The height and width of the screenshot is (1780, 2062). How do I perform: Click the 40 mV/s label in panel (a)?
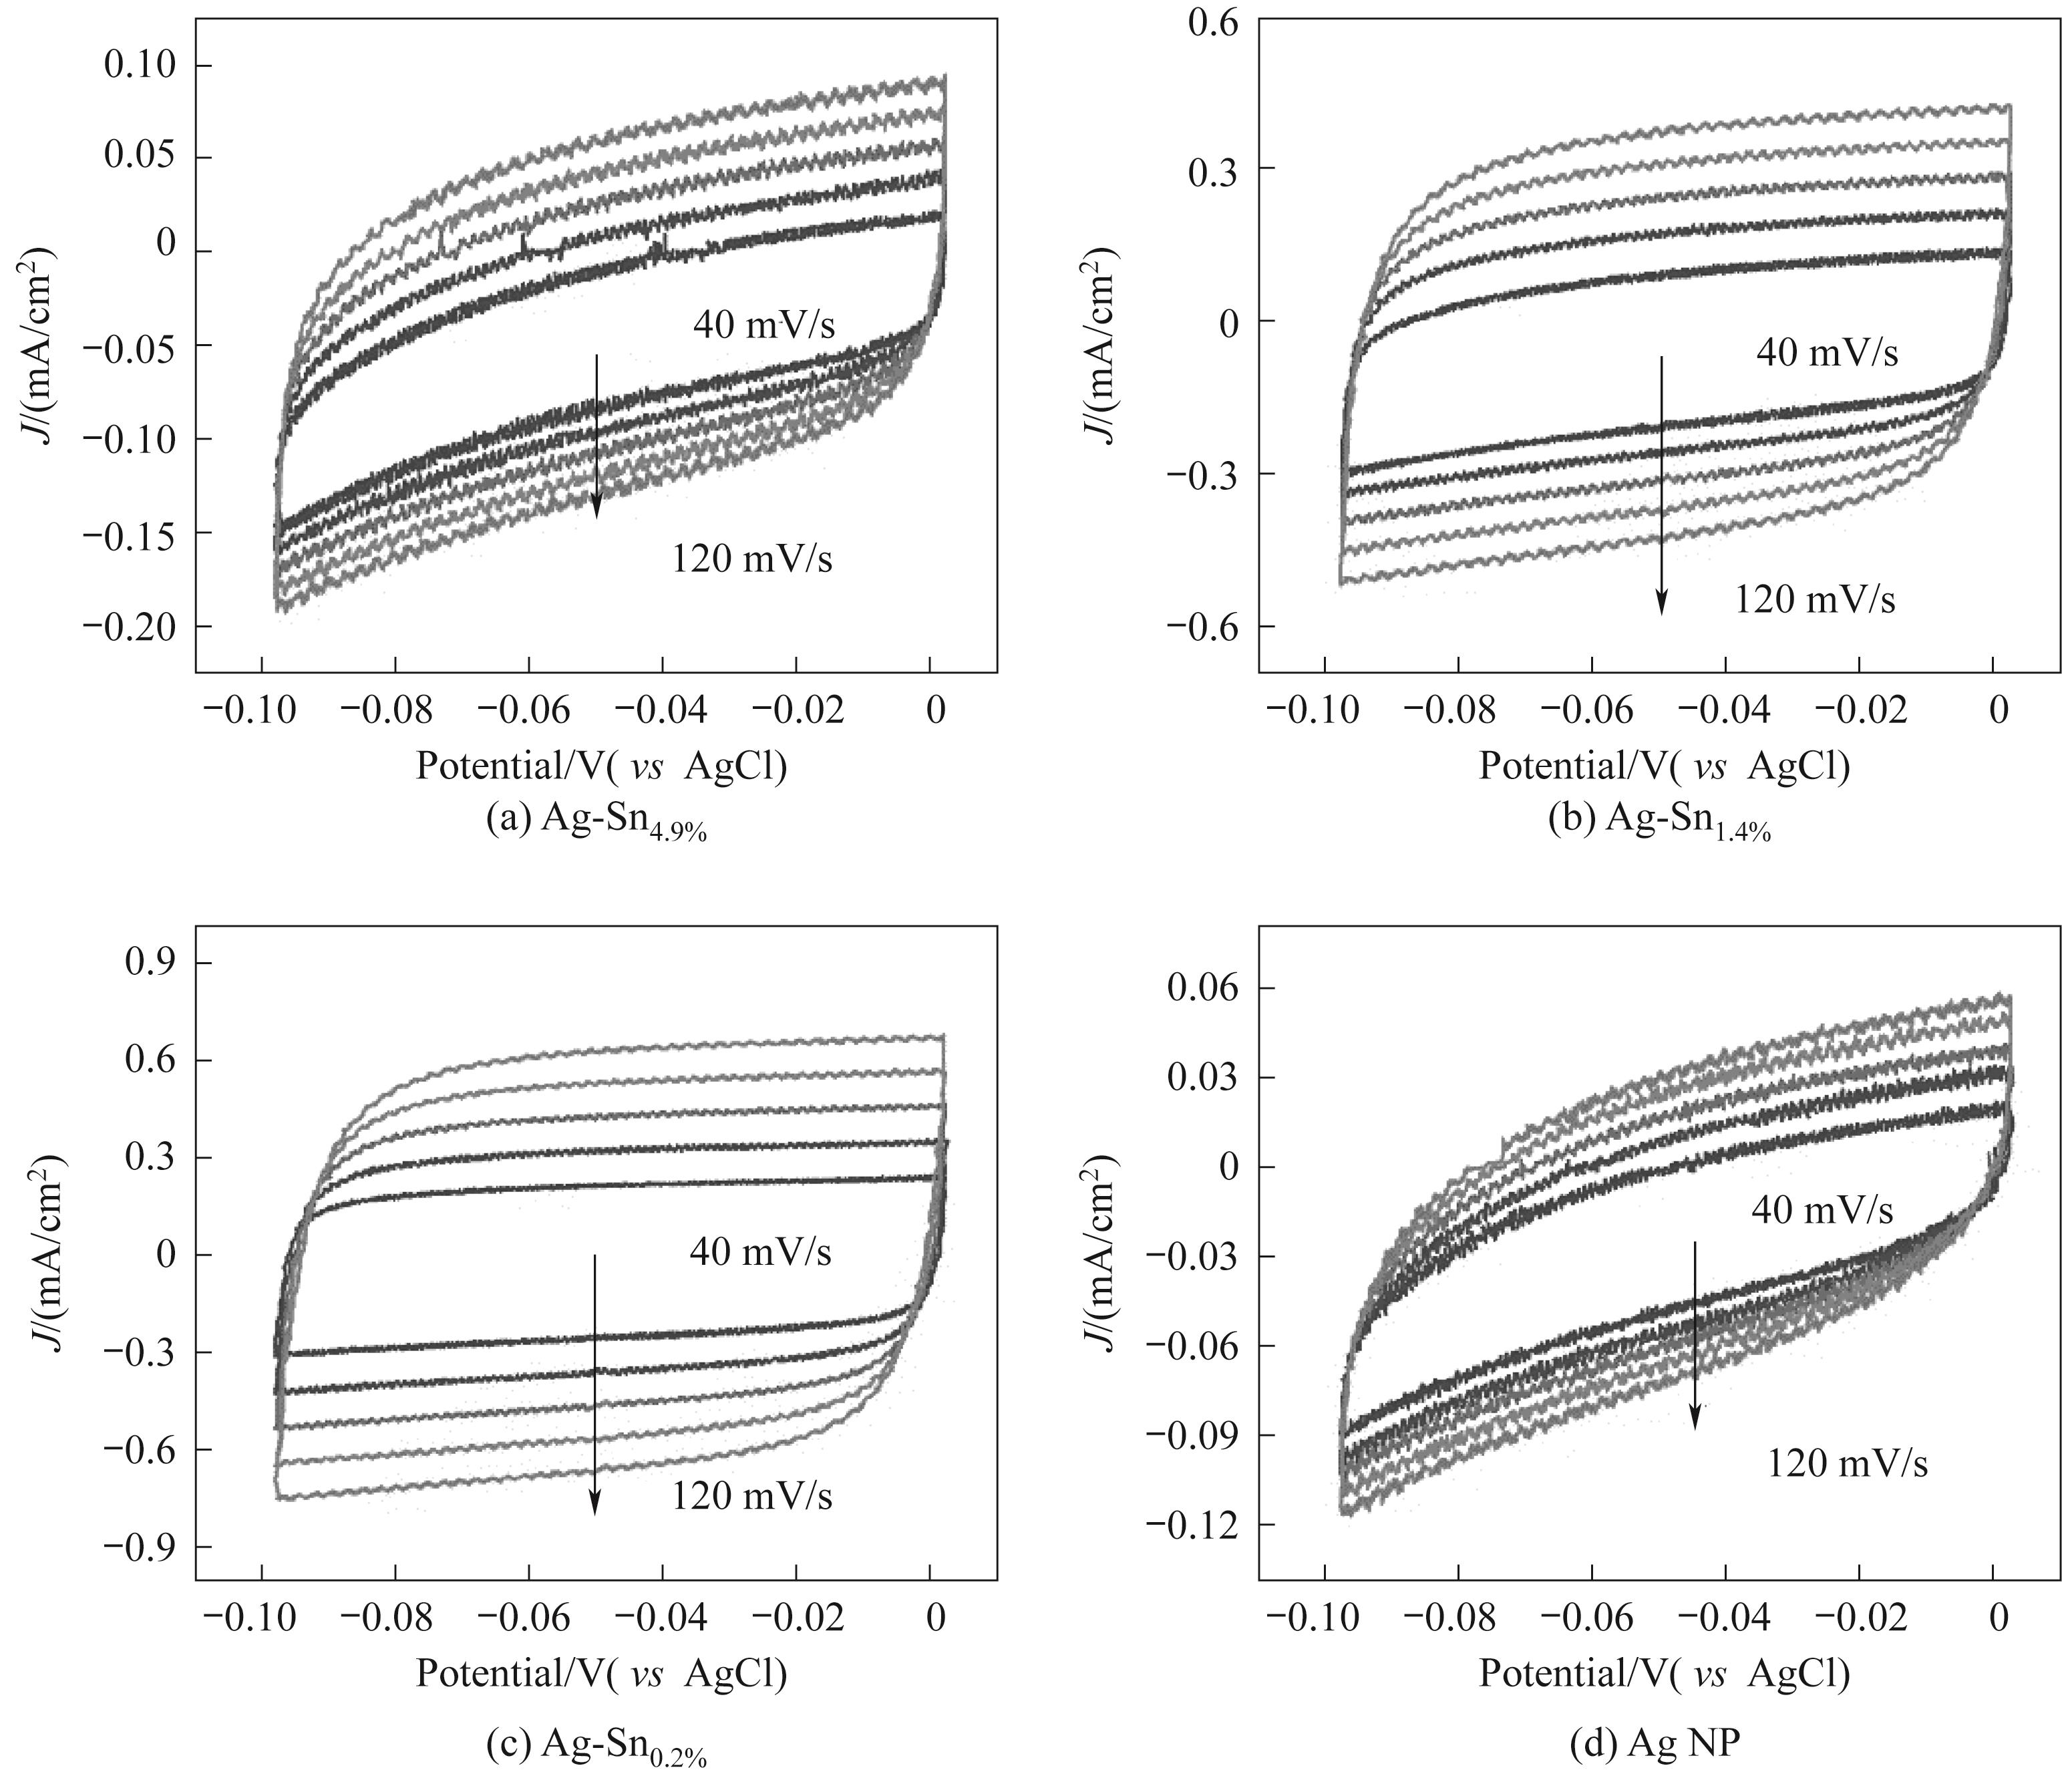pyautogui.click(x=763, y=325)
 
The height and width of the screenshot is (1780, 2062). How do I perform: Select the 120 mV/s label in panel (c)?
pyautogui.click(x=751, y=1496)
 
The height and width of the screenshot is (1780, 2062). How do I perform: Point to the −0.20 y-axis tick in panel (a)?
pyautogui.click(x=130, y=626)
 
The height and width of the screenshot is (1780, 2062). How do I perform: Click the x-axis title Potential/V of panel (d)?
pyautogui.click(x=1664, y=1674)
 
